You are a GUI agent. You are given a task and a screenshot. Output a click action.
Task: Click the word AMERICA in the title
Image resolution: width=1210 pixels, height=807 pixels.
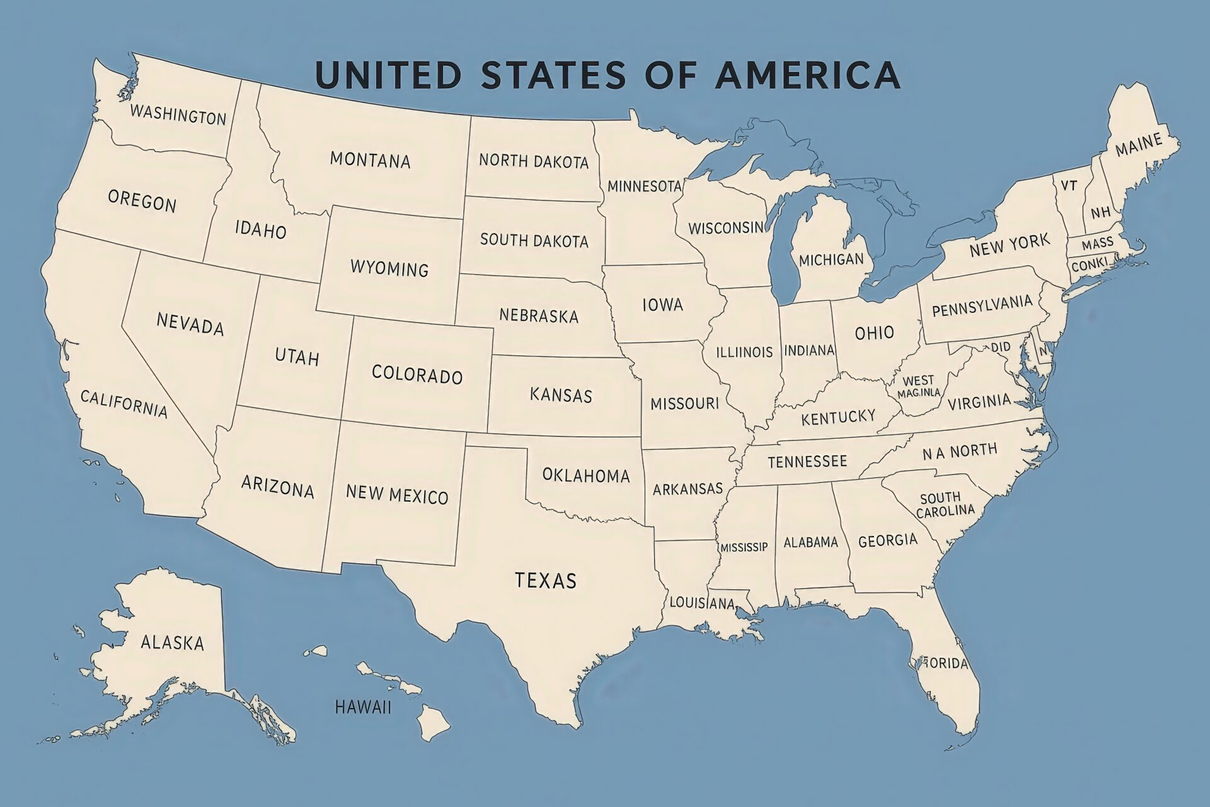[808, 74]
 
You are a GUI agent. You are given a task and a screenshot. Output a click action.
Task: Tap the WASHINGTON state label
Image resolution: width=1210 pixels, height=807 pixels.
[178, 115]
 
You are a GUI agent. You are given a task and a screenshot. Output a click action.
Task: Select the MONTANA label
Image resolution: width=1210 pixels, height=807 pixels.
[370, 160]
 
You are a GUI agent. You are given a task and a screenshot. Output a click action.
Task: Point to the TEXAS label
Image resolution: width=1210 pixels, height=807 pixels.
[545, 580]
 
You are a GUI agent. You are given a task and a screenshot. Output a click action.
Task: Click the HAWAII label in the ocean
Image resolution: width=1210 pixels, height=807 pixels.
[363, 707]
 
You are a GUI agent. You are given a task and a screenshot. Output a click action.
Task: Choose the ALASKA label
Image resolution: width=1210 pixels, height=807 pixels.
[172, 642]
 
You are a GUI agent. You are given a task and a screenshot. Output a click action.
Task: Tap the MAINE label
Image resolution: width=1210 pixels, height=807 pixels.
[1138, 146]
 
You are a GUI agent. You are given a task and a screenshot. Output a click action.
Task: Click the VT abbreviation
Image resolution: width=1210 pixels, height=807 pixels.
[1069, 185]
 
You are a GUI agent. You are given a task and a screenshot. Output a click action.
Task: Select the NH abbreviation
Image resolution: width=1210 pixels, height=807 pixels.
[1100, 212]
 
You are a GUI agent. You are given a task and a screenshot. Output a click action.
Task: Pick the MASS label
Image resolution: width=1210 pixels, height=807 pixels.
[1097, 244]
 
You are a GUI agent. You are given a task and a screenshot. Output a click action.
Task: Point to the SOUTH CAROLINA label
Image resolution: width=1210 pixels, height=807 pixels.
[944, 504]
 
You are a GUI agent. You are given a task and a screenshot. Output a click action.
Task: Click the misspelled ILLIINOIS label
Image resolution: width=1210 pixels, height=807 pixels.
[744, 352]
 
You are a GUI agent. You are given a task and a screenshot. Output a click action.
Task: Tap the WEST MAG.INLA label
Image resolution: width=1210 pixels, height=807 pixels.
[918, 386]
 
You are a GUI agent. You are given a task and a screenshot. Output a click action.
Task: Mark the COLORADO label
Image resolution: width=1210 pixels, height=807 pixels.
[417, 374]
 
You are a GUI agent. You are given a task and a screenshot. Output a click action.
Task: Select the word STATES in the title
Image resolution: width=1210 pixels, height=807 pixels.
[553, 74]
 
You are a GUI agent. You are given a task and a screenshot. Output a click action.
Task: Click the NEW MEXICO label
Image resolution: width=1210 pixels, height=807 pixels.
[397, 494]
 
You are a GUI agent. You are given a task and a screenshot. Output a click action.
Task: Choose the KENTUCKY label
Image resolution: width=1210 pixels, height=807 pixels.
[838, 417]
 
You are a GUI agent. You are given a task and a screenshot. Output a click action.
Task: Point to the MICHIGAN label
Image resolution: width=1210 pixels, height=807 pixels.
[831, 259]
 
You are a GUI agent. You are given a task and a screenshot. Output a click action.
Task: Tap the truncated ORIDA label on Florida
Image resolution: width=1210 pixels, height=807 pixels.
[945, 663]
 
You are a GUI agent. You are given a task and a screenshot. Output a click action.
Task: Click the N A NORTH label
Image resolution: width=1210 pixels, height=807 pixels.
[960, 451]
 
